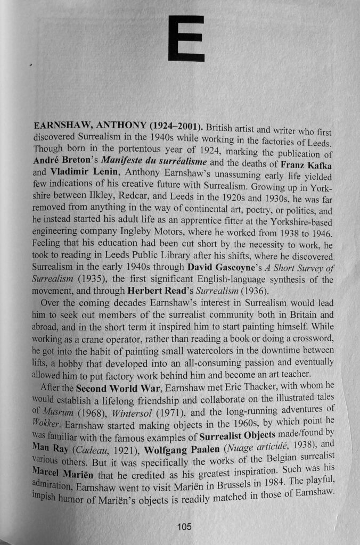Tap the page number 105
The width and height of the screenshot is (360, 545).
184,526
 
